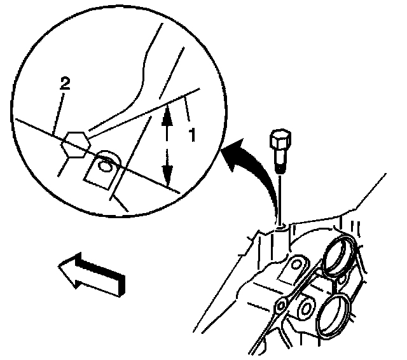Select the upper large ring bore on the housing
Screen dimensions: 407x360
pos(338,257)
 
